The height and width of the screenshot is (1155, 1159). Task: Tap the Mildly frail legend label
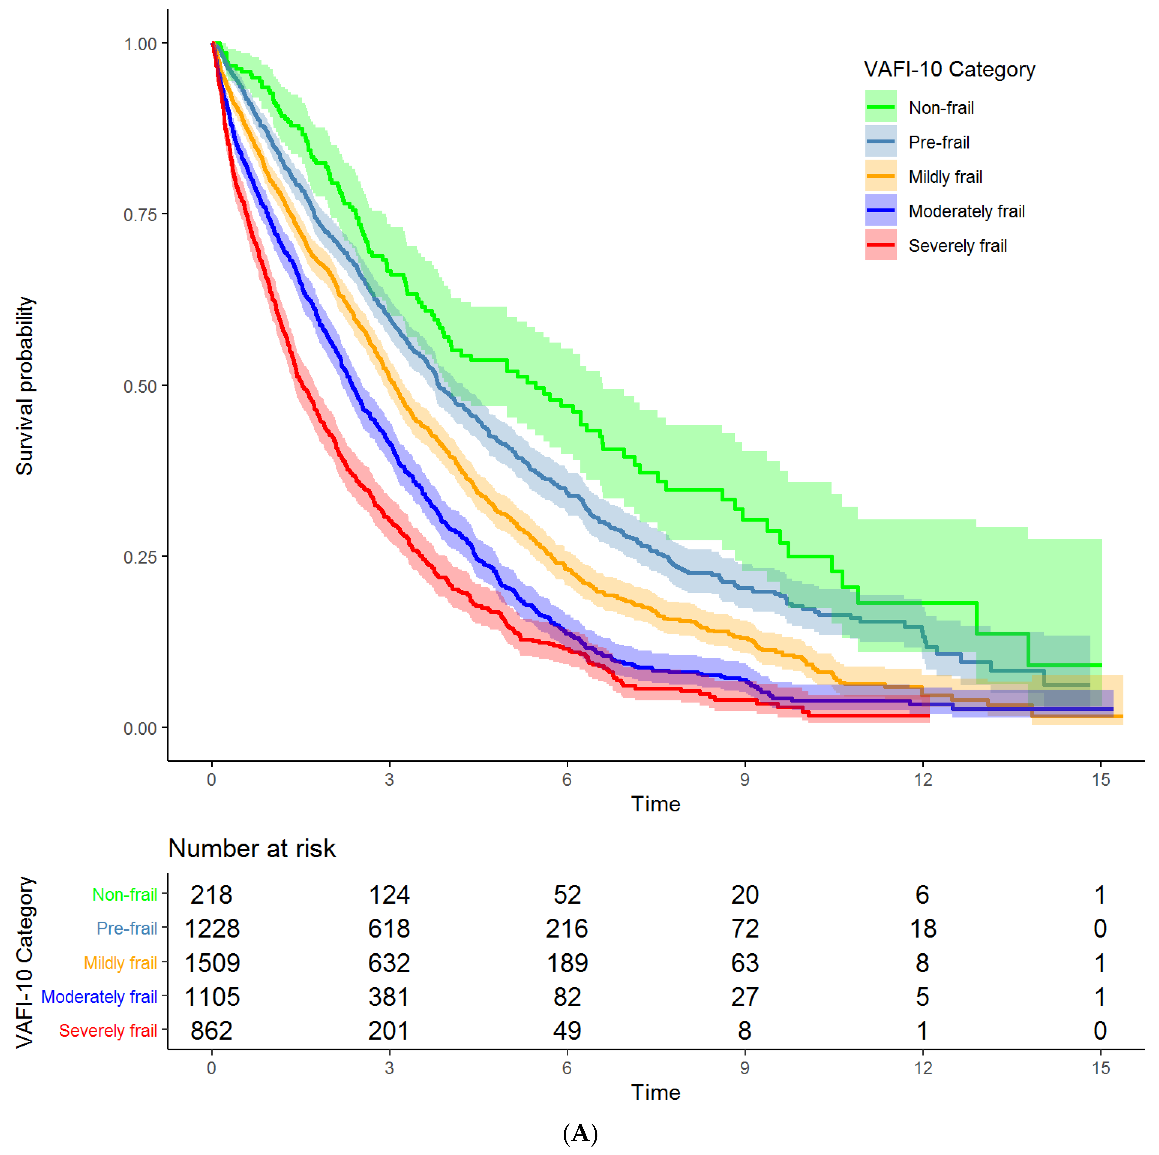point(946,177)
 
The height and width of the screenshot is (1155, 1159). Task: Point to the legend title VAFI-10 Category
point(949,70)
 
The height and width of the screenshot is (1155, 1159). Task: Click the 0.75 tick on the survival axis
point(140,215)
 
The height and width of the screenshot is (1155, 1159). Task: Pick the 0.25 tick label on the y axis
point(140,557)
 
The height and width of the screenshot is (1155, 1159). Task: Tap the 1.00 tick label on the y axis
point(140,44)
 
